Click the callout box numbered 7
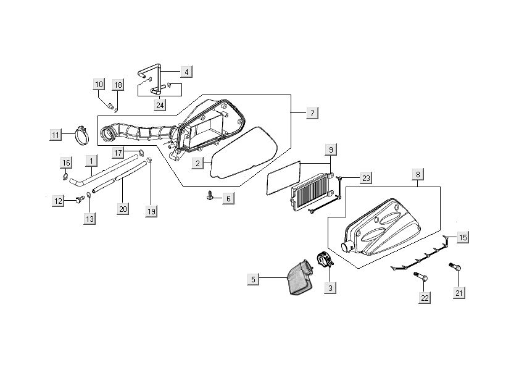pos(312,113)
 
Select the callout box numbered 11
pos(56,134)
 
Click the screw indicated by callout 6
pos(212,196)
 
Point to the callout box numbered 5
pos(252,280)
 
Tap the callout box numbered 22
pos(425,298)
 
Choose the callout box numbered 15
pos(463,237)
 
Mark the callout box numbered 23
pos(365,179)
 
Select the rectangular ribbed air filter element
pos(312,188)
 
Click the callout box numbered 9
pos(331,149)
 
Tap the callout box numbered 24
pos(160,105)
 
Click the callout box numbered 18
pos(118,85)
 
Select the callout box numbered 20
pos(123,209)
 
